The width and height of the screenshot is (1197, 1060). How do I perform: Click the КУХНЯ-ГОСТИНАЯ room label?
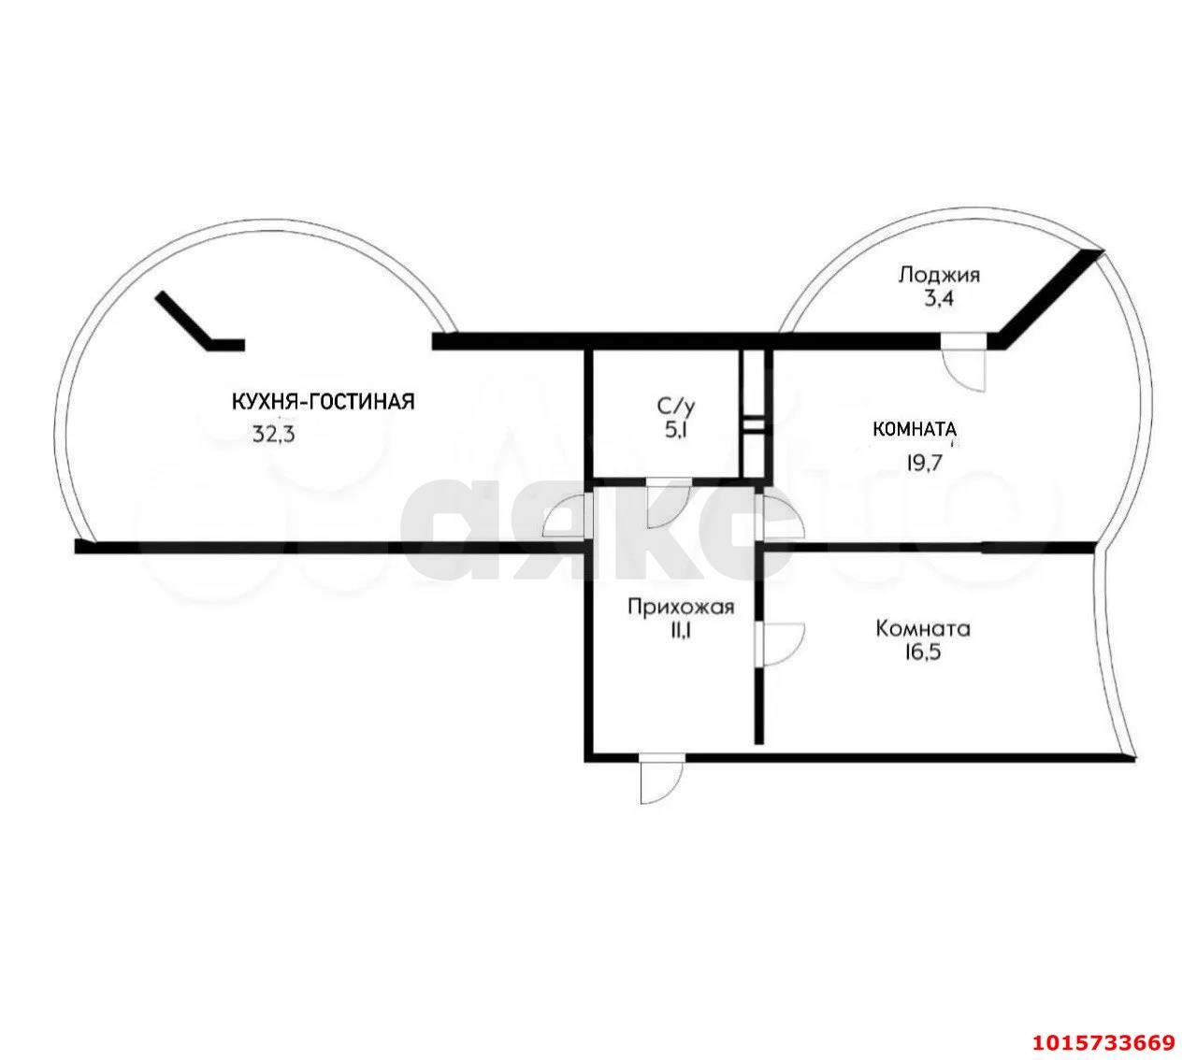323,402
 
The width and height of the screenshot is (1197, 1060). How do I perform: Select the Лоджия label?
939,275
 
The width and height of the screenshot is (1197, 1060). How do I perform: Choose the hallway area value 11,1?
680,632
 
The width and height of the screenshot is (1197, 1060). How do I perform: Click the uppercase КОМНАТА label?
914,430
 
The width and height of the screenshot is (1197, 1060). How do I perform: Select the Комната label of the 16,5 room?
922,629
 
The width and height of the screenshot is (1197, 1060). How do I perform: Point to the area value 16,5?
921,653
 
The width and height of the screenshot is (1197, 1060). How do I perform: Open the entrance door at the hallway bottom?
661,780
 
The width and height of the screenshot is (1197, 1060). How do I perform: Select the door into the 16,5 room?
780,644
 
